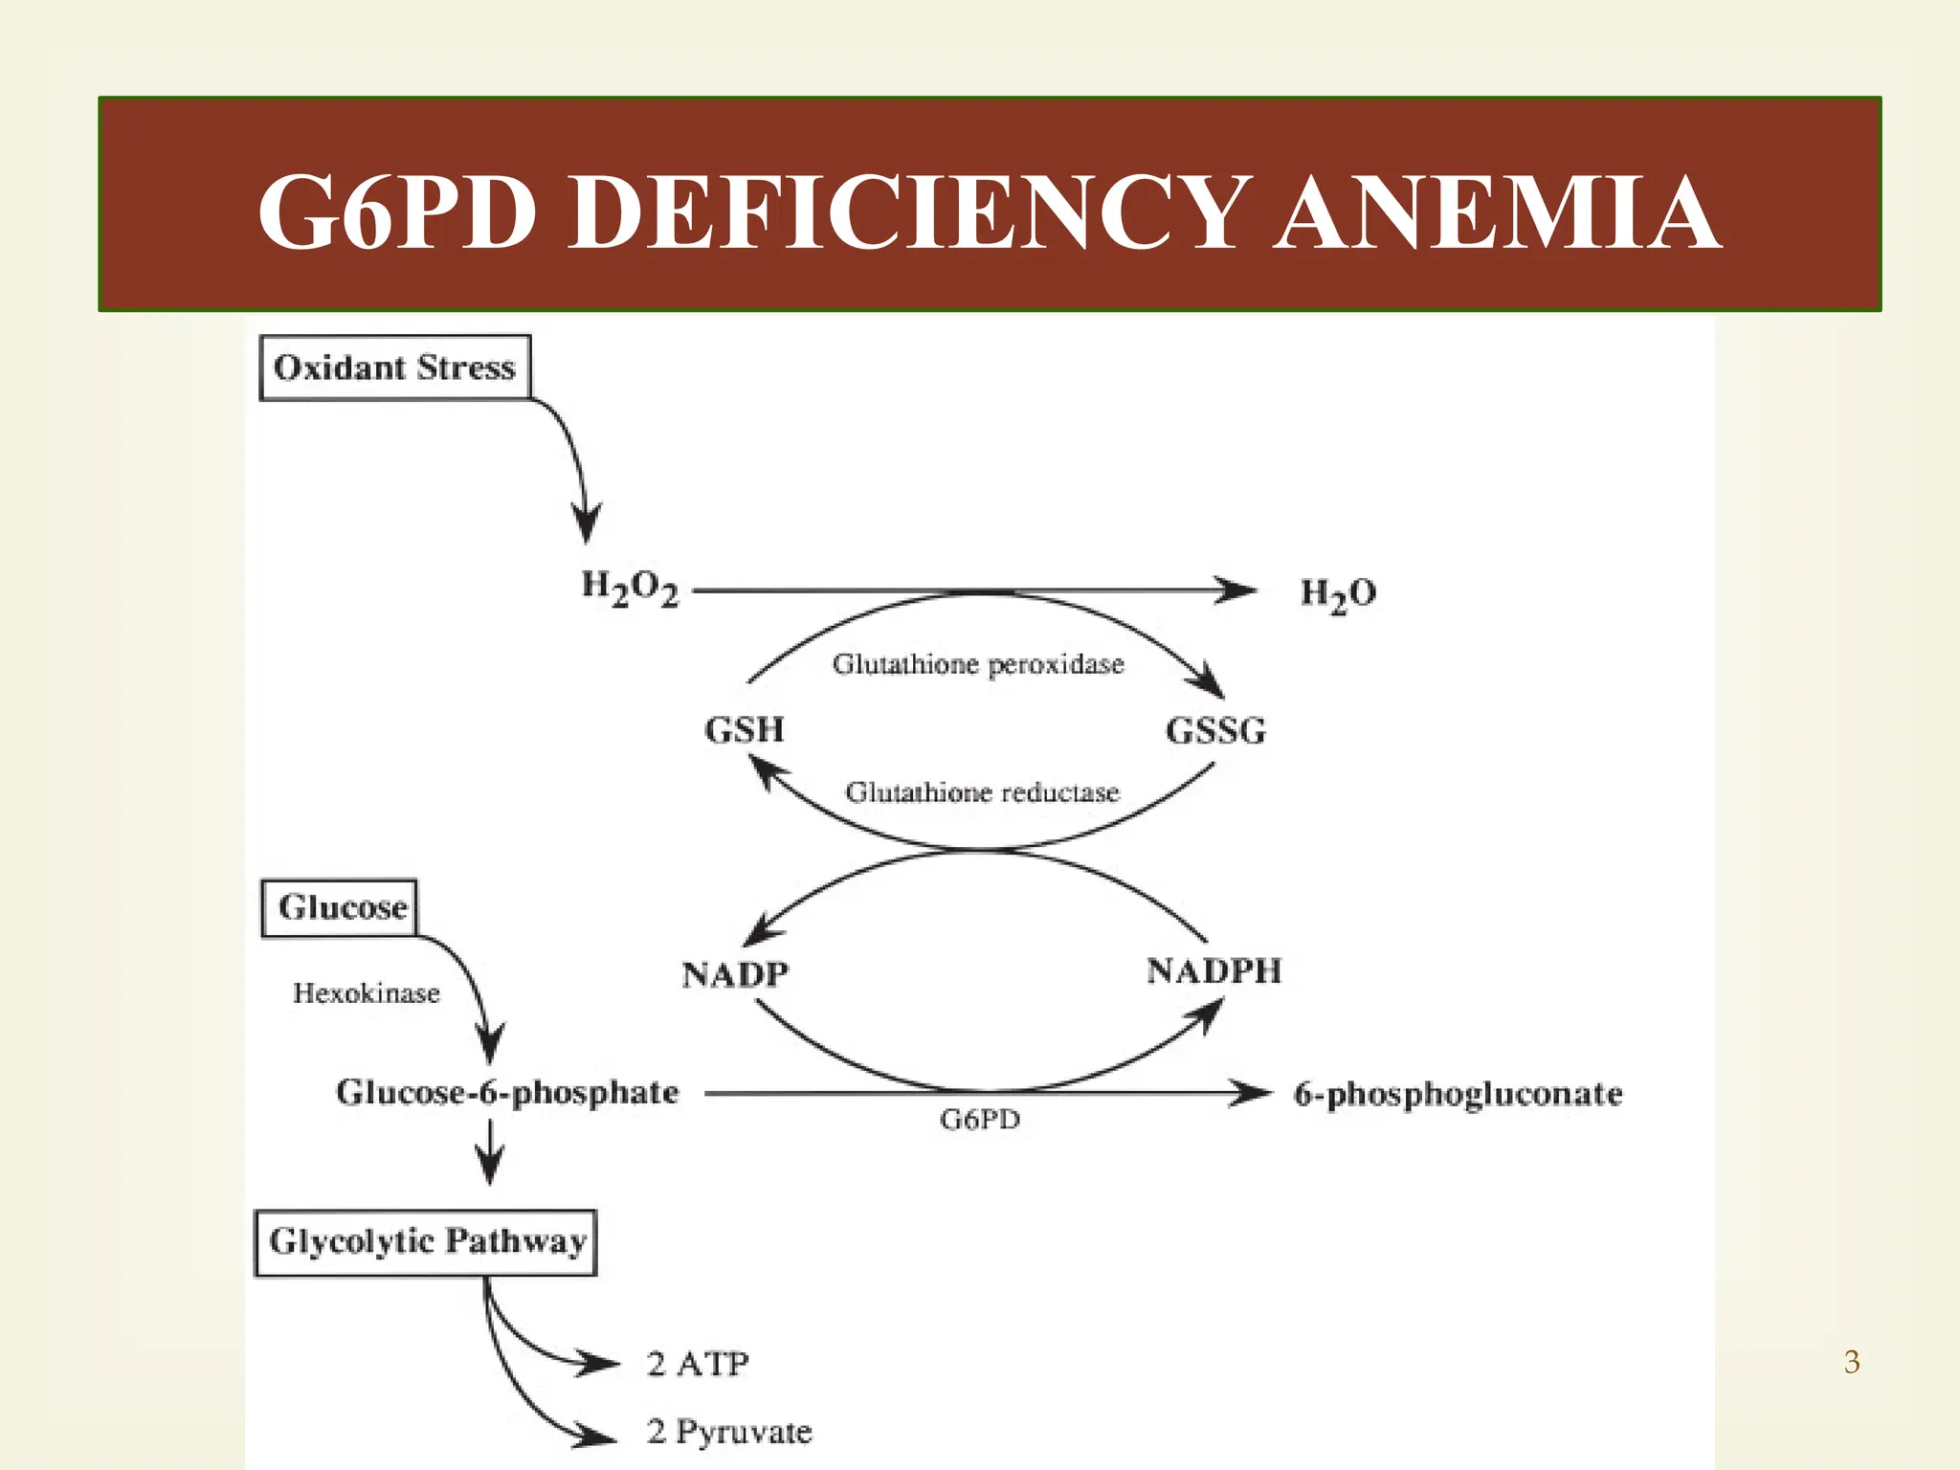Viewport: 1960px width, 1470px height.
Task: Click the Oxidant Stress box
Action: pyautogui.click(x=394, y=367)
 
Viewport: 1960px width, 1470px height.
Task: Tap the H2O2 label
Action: pyautogui.click(x=630, y=589)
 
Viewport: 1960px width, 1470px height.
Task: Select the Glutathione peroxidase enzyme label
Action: pyautogui.click(x=977, y=664)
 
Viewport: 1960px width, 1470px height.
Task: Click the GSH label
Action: pyautogui.click(x=745, y=730)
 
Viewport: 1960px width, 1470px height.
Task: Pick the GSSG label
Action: pyautogui.click(x=1215, y=731)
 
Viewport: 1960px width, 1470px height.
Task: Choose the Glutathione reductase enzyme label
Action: pyautogui.click(x=982, y=792)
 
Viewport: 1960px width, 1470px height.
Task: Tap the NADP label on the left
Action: pyautogui.click(x=735, y=974)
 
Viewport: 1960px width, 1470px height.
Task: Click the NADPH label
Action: pyautogui.click(x=1214, y=971)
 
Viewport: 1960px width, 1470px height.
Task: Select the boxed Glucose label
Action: pyautogui.click(x=342, y=907)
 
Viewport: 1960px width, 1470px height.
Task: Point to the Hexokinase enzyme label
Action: pyautogui.click(x=366, y=993)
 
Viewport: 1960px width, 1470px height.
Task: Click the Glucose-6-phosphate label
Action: pyautogui.click(x=507, y=1093)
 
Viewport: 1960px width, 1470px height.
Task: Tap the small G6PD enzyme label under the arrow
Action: pyautogui.click(x=980, y=1119)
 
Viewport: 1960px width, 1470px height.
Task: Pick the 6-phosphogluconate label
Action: pyautogui.click(x=1458, y=1094)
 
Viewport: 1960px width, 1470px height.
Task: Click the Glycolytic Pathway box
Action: pyautogui.click(x=427, y=1242)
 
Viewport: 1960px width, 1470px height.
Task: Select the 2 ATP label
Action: pyautogui.click(x=698, y=1364)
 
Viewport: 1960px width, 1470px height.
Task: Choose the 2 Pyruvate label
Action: pyautogui.click(x=729, y=1432)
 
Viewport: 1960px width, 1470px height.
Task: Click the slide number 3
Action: pyautogui.click(x=1852, y=1362)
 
